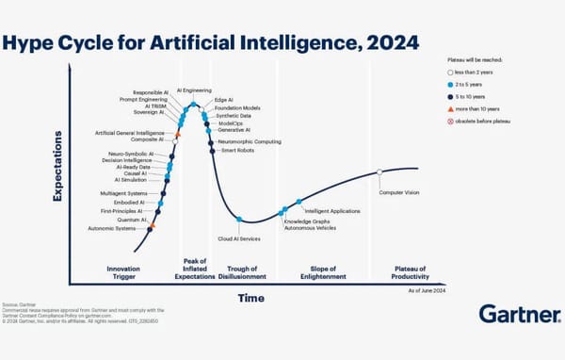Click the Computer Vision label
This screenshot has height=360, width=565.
point(398,192)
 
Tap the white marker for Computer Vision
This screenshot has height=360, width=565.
point(379,172)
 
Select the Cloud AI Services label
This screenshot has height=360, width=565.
point(239,238)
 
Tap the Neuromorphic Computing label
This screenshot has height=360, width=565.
point(249,140)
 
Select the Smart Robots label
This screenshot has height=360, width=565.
point(237,150)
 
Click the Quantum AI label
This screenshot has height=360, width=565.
point(130,220)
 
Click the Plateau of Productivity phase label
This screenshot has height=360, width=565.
point(412,273)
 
